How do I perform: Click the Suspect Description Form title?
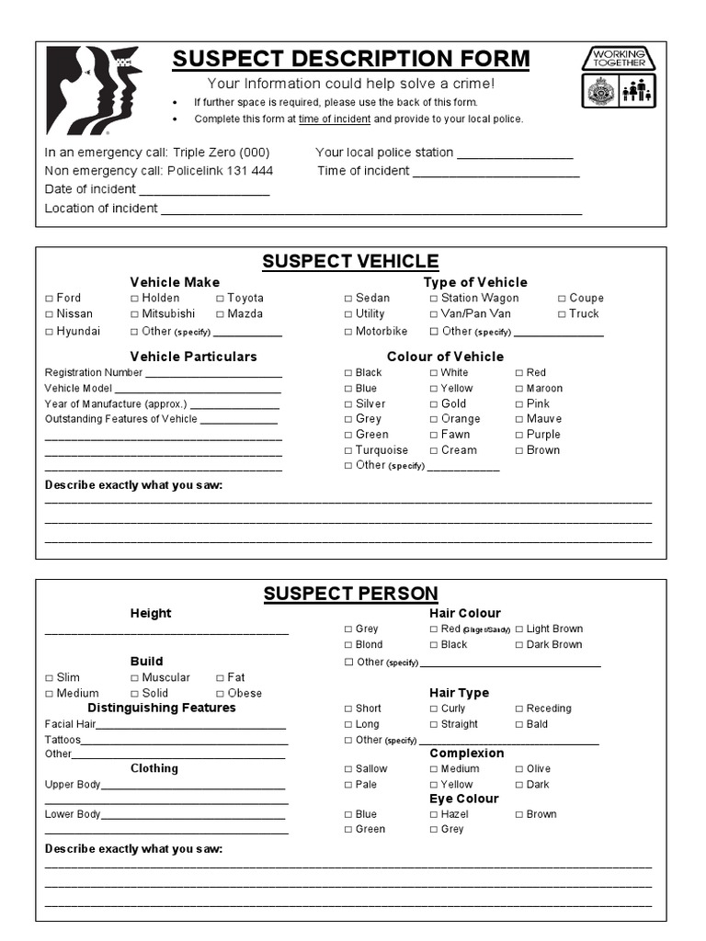(351, 60)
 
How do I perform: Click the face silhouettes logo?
(93, 89)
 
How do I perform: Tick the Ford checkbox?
(50, 299)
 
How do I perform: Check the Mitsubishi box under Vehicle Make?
(134, 314)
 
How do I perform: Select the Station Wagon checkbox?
(434, 299)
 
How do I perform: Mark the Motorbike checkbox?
(348, 332)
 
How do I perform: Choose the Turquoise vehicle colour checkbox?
(348, 451)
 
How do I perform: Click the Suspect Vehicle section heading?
(350, 261)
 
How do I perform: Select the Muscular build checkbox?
(134, 678)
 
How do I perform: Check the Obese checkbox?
(220, 694)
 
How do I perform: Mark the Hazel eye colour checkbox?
(434, 815)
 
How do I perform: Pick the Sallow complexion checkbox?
(348, 769)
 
